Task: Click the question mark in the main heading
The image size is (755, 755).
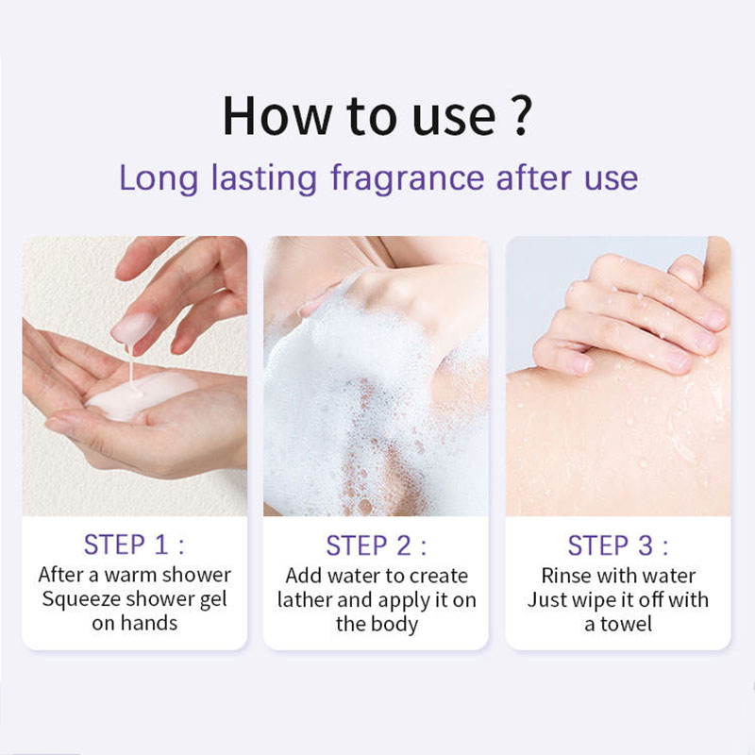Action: click(x=521, y=115)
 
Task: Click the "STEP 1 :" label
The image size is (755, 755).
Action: click(x=134, y=545)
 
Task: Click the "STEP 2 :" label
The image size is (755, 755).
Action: click(x=376, y=545)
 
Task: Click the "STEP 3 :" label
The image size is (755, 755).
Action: click(x=618, y=545)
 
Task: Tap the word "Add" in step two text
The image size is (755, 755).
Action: click(x=304, y=575)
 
